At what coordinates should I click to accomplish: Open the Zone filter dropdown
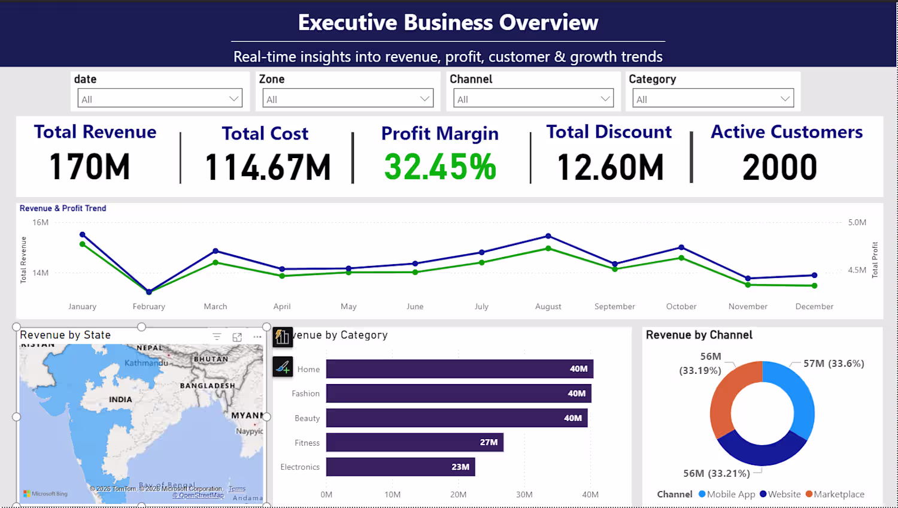pos(348,98)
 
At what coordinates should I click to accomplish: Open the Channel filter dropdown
pos(533,98)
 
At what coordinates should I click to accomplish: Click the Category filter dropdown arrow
pos(785,98)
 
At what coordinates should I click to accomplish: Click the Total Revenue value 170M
pos(90,167)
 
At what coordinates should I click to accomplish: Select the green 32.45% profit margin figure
pos(440,167)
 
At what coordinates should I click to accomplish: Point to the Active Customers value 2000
pos(779,167)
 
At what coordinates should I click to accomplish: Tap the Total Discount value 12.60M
pos(610,167)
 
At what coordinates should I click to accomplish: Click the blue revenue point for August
pos(548,236)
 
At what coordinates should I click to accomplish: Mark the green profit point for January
pos(83,244)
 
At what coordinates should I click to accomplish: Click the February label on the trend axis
pos(149,306)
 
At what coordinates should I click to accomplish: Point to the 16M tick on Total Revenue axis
pos(41,222)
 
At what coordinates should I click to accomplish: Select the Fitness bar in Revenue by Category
pos(414,442)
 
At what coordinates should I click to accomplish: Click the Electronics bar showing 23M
pos(400,467)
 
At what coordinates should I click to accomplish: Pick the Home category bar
pos(459,369)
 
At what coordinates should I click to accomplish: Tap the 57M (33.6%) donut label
pos(833,364)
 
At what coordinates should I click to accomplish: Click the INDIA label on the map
pos(120,400)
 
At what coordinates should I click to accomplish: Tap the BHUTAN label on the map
pos(211,359)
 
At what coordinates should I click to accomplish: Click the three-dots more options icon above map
pos(257,337)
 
